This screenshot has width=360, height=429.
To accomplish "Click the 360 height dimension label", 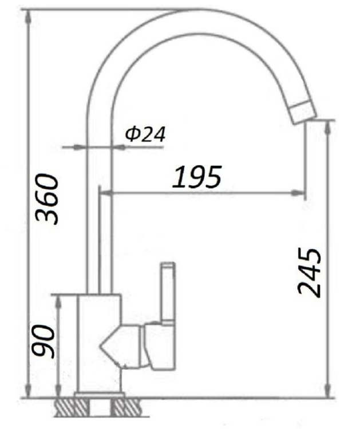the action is coord(47,198).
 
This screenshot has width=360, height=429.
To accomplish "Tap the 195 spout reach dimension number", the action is coord(196,177).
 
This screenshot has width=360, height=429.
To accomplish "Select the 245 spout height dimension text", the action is coord(310,272).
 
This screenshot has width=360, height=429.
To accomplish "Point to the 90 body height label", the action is coord(43,341).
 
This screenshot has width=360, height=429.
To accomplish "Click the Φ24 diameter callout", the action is coord(145,134).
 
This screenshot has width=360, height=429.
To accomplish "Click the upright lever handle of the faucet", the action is coord(168,292).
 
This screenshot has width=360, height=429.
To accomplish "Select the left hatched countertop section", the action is coord(72,407).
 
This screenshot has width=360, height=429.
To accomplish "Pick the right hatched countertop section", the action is coord(126,407).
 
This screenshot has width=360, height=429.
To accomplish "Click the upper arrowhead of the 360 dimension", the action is coord(28,17).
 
